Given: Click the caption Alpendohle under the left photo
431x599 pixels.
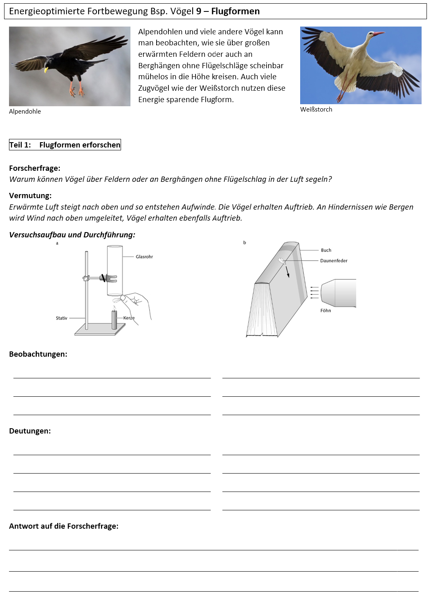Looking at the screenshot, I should click(x=25, y=112).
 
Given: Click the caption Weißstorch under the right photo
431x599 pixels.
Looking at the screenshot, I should click(x=316, y=110).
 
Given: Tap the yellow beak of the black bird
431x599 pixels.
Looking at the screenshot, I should click(x=46, y=70).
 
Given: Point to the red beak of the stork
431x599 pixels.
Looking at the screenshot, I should click(x=379, y=34).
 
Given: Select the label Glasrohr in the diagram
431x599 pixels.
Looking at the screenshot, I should click(x=144, y=257).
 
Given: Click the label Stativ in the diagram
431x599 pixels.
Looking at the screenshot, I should click(x=61, y=318).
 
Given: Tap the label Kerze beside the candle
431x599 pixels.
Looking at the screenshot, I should click(x=129, y=318).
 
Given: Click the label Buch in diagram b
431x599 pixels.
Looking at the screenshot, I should click(x=326, y=250).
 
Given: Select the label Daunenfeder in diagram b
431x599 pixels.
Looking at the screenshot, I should click(x=334, y=261).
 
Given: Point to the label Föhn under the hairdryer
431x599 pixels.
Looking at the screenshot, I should click(x=325, y=311).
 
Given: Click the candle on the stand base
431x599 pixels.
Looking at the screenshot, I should click(x=114, y=319).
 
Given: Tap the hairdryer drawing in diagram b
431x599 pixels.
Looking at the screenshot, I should click(x=339, y=293).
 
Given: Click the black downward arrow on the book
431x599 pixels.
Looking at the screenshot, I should click(x=287, y=272).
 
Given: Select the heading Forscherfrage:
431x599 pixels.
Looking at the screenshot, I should click(x=35, y=168).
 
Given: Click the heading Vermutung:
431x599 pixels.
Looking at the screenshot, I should click(x=30, y=196).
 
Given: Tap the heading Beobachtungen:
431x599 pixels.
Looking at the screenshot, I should click(x=38, y=354).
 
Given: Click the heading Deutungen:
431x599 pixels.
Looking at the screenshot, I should click(x=30, y=431).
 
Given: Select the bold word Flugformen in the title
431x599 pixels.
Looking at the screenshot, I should click(x=236, y=11).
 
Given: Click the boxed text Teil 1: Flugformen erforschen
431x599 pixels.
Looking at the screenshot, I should click(x=65, y=145).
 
